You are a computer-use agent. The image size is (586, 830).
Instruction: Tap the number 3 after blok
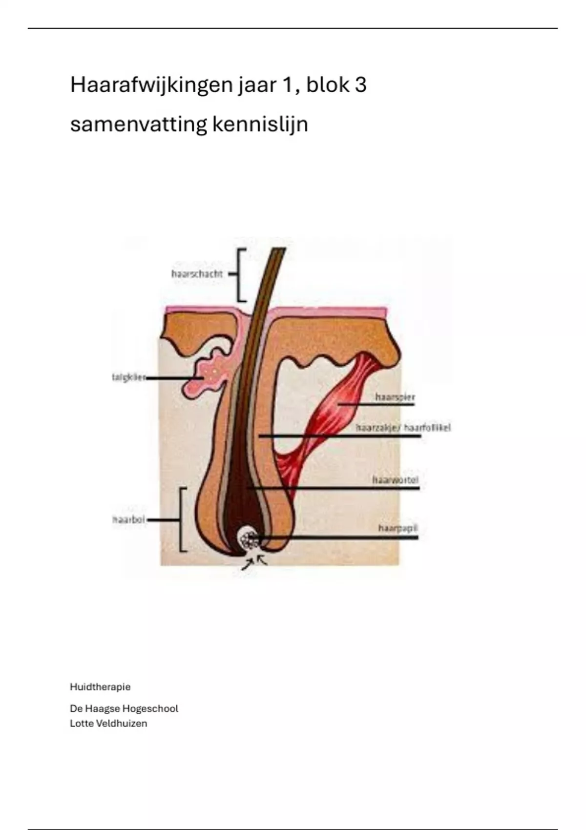360,85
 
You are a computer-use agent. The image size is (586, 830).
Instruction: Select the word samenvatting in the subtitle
138,124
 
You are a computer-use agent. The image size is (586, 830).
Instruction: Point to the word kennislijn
260,124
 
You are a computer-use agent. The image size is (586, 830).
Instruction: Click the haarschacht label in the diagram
197,274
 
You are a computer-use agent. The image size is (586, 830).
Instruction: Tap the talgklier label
128,377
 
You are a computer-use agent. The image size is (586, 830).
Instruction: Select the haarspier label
395,397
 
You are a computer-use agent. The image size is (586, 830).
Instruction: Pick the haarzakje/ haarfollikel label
403,428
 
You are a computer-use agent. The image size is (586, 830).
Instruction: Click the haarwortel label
395,480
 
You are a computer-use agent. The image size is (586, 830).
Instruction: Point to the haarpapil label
398,528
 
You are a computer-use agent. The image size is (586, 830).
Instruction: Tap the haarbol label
129,519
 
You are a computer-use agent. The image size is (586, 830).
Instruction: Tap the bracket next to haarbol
182,519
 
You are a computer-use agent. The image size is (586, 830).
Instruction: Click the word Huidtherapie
100,687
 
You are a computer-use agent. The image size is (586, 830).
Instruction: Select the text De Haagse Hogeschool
124,708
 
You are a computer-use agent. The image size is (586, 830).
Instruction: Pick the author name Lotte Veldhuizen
108,724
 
